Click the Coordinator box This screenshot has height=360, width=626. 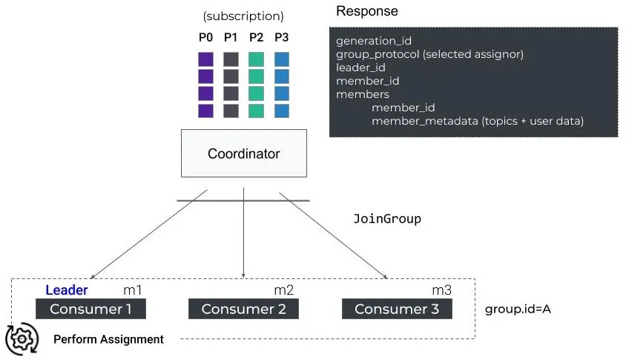tap(243, 154)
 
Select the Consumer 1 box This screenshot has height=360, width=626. tap(90, 309)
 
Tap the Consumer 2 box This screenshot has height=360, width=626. tap(243, 309)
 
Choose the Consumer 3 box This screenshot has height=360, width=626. tap(397, 309)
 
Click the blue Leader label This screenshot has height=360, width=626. tap(67, 290)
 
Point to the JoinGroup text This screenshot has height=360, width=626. tap(387, 219)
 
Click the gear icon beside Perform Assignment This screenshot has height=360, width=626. tap(22, 338)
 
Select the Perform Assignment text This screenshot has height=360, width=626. tap(108, 339)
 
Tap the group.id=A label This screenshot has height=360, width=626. tap(518, 309)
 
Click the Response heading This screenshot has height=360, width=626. tap(366, 12)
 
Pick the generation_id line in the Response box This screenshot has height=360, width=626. tap(373, 41)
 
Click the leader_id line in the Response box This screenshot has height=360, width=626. tap(360, 68)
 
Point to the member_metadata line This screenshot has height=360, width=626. tap(478, 120)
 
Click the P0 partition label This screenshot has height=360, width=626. tap(205, 37)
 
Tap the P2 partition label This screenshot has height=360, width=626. tap(256, 37)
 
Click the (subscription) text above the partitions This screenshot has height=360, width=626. tap(243, 16)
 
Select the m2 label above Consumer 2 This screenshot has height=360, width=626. tap(284, 289)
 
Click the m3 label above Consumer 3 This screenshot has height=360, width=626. tap(442, 289)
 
